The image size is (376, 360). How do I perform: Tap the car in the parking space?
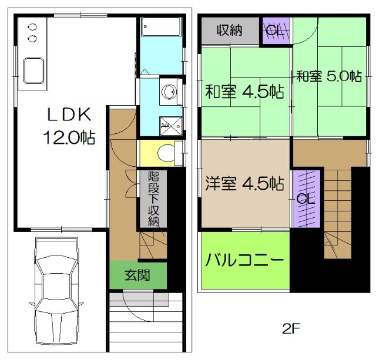tap(57, 291)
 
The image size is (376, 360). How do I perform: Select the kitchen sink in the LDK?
tap(33, 70)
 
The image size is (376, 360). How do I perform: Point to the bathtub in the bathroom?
tap(161, 29)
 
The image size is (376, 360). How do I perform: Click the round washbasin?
tap(170, 93)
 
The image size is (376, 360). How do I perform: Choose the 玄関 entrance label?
tap(137, 275)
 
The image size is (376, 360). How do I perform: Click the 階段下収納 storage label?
tap(153, 198)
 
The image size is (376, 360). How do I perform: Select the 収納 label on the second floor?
tap(230, 31)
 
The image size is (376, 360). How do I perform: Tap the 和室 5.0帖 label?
tap(328, 76)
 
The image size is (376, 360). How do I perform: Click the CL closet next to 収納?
tap(275, 31)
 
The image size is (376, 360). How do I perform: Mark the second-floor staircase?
tap(337, 211)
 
